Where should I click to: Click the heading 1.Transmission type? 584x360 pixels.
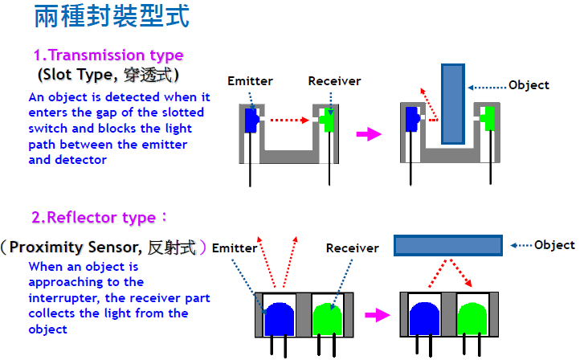108,55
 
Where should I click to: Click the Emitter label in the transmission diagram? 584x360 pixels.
250,81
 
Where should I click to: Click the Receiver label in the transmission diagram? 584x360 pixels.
334,81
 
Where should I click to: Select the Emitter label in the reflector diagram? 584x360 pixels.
235,248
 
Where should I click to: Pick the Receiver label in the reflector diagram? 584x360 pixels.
352,248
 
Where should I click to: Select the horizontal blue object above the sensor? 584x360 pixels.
447,245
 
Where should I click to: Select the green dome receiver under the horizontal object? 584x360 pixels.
472,317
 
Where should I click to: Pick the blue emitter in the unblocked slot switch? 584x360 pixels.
250,121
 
